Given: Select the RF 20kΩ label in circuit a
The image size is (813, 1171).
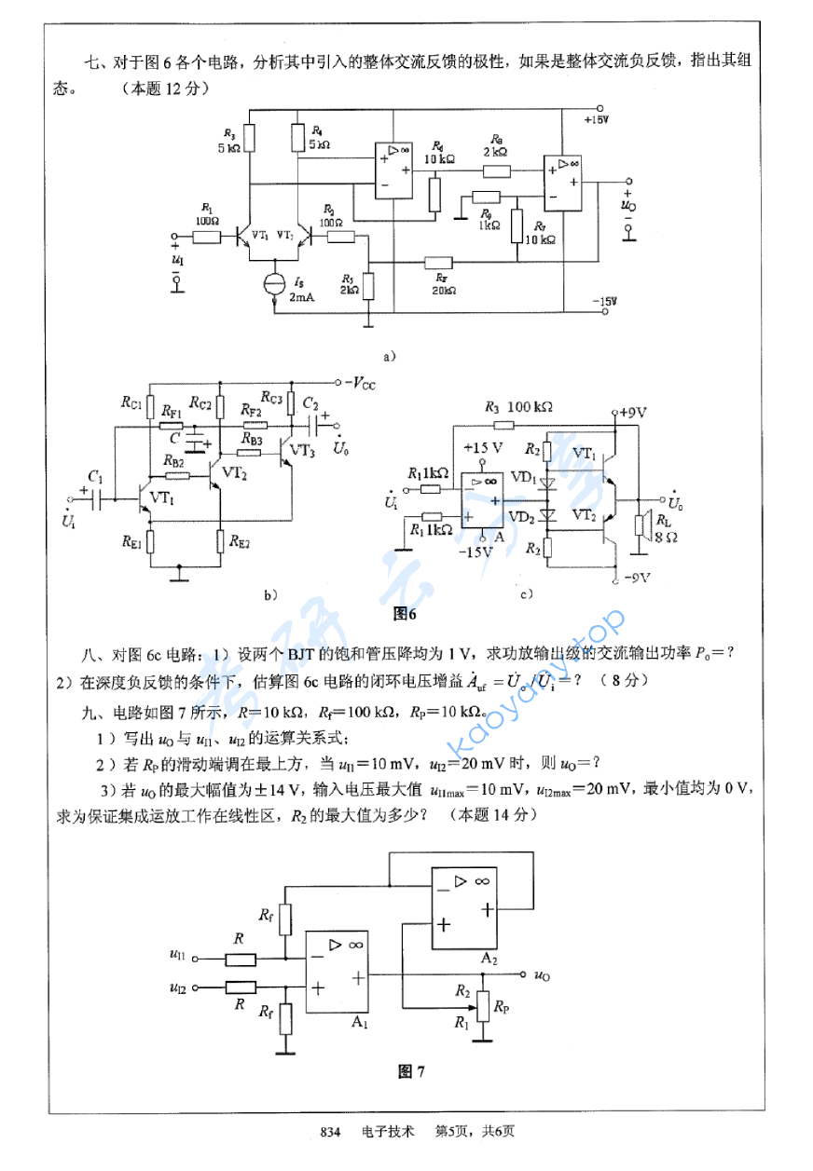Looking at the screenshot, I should pos(444,283).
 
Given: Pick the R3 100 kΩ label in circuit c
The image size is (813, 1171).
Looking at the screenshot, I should pos(519,407).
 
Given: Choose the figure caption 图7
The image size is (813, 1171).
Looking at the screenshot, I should pos(411,1071).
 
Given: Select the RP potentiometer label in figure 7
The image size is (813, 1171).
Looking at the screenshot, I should pos(502,1007).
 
